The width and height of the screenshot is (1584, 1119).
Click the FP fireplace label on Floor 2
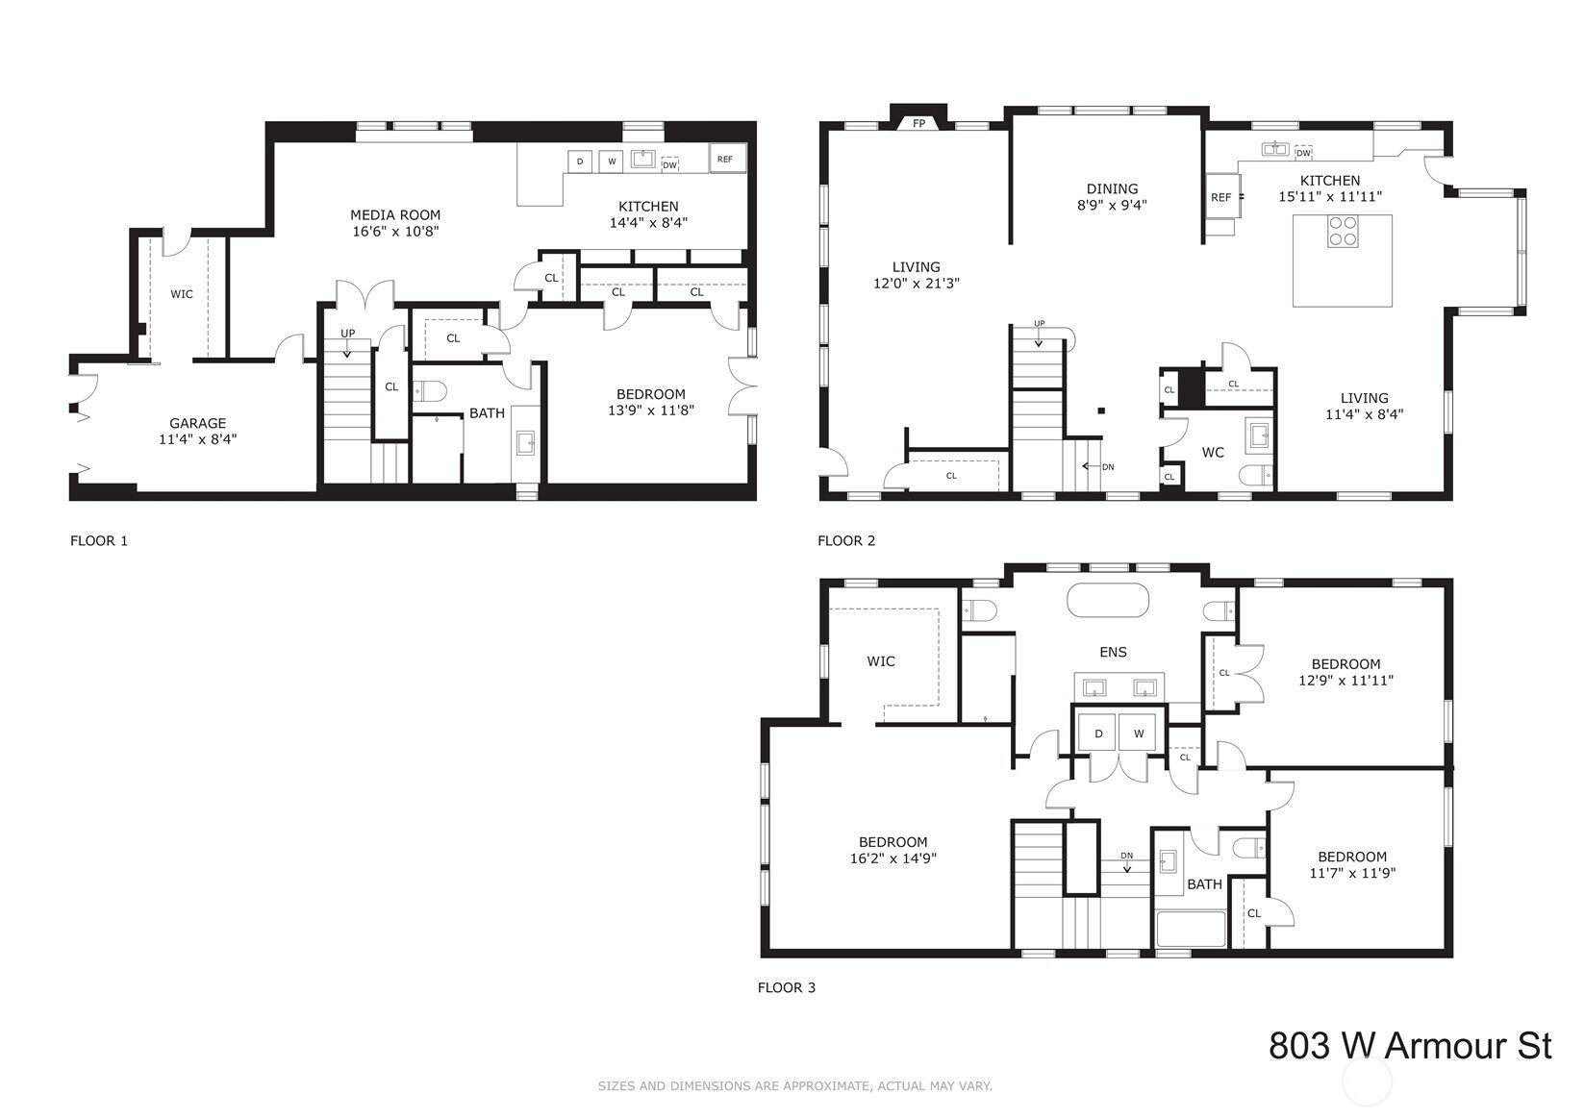pyautogui.click(x=918, y=124)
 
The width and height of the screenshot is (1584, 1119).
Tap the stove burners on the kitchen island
pyautogui.click(x=1343, y=231)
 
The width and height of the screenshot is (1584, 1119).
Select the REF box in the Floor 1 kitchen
pyautogui.click(x=728, y=159)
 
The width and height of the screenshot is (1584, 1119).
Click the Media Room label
pyautogui.click(x=395, y=215)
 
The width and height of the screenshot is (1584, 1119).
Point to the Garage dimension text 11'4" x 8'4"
pyautogui.click(x=197, y=439)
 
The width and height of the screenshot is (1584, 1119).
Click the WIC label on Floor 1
pyautogui.click(x=182, y=294)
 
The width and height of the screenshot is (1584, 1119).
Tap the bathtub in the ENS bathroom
pyautogui.click(x=1108, y=601)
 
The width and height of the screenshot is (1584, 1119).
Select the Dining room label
pyautogui.click(x=1113, y=188)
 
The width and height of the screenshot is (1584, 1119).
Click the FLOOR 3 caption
pyautogui.click(x=787, y=987)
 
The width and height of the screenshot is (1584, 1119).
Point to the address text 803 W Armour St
pyautogui.click(x=1410, y=1046)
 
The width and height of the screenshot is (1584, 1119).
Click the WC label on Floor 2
pyautogui.click(x=1213, y=453)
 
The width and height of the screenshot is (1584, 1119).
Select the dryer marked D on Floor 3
pyautogui.click(x=1098, y=733)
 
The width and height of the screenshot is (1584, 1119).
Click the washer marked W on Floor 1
pyautogui.click(x=612, y=162)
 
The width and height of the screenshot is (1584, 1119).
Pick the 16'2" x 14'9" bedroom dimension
pyautogui.click(x=893, y=858)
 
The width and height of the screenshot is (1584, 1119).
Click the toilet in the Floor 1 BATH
pyautogui.click(x=429, y=391)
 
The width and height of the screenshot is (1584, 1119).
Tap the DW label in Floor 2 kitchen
pyautogui.click(x=1303, y=153)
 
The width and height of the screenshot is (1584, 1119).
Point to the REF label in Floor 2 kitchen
pyautogui.click(x=1220, y=198)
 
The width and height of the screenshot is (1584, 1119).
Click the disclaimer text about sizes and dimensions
pyautogui.click(x=794, y=1085)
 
